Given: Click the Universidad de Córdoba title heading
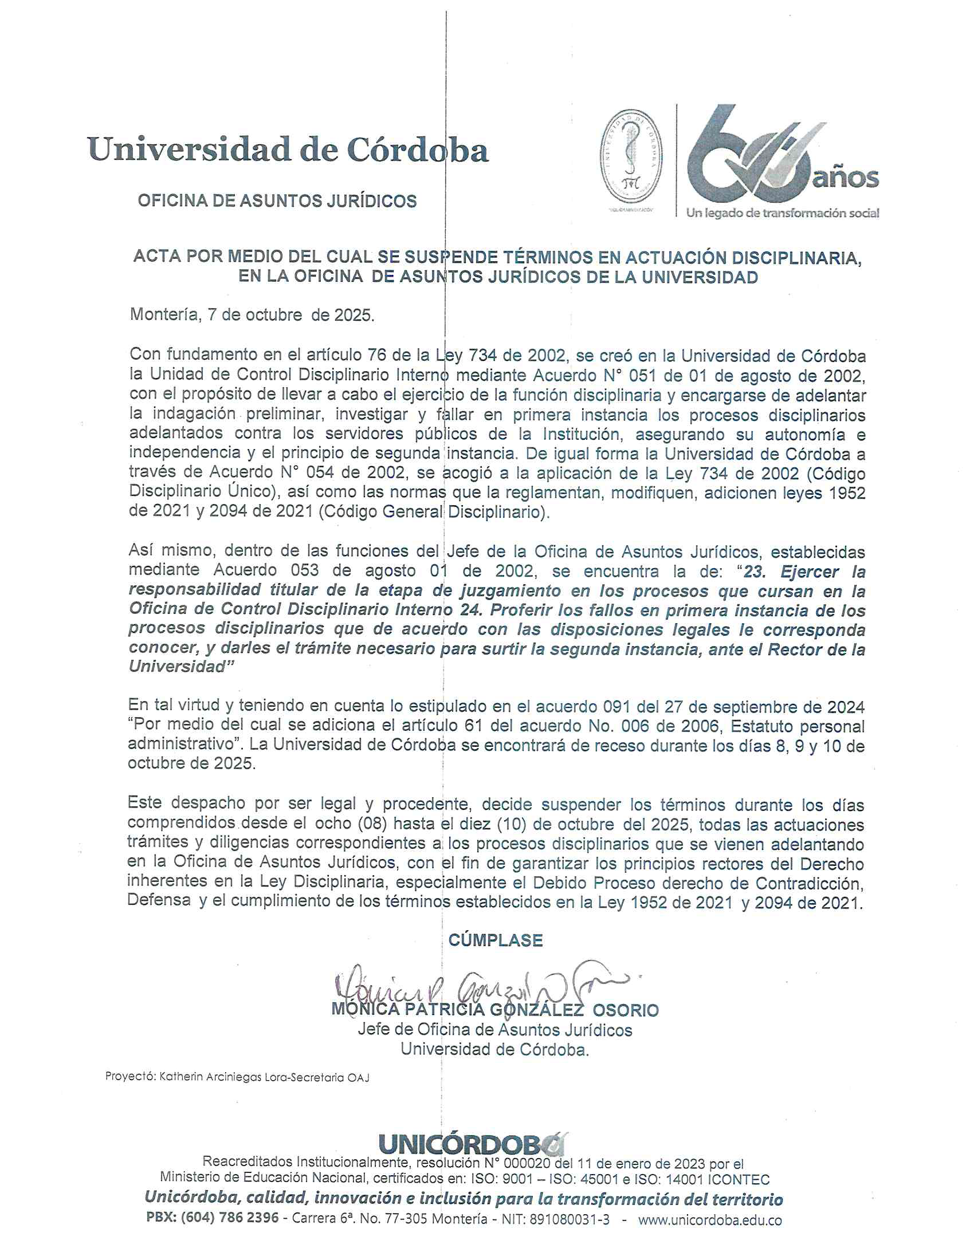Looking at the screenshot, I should click(288, 150).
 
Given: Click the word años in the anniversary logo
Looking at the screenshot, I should click(846, 178).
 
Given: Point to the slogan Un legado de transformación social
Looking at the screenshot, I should click(782, 213).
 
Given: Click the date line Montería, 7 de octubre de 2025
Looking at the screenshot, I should click(252, 315).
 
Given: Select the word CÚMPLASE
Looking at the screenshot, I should click(495, 940).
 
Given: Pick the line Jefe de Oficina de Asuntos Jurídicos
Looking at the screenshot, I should click(494, 1030).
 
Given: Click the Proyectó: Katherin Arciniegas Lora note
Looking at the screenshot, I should click(237, 1077).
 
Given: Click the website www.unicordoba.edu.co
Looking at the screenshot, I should click(710, 1219).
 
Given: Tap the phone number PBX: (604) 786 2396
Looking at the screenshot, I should click(213, 1219).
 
